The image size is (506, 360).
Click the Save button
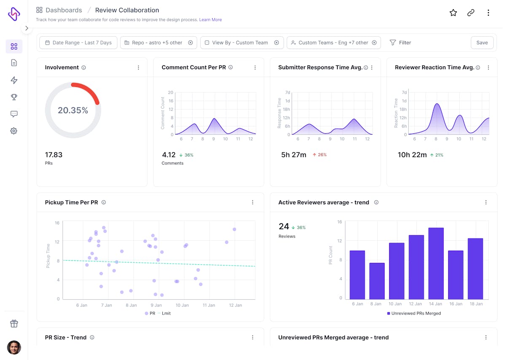click(482, 43)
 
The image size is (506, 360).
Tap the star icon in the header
click(453, 13)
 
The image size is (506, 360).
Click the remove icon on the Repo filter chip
click(190, 43)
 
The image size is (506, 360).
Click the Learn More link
click(210, 20)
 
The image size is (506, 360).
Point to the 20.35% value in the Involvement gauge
click(73, 111)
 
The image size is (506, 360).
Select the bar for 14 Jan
click(436, 263)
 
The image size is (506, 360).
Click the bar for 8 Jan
click(377, 281)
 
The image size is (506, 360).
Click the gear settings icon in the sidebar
click(14, 131)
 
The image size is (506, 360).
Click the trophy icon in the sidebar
click(14, 97)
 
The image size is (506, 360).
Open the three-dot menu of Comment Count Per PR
click(255, 68)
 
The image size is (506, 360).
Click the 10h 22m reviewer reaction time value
click(412, 155)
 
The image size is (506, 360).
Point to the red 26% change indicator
click(320, 155)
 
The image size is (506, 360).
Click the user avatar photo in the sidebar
click(14, 347)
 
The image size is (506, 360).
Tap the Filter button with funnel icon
click(400, 43)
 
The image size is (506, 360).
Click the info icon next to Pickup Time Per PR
click(104, 203)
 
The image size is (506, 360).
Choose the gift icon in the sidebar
click(14, 324)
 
